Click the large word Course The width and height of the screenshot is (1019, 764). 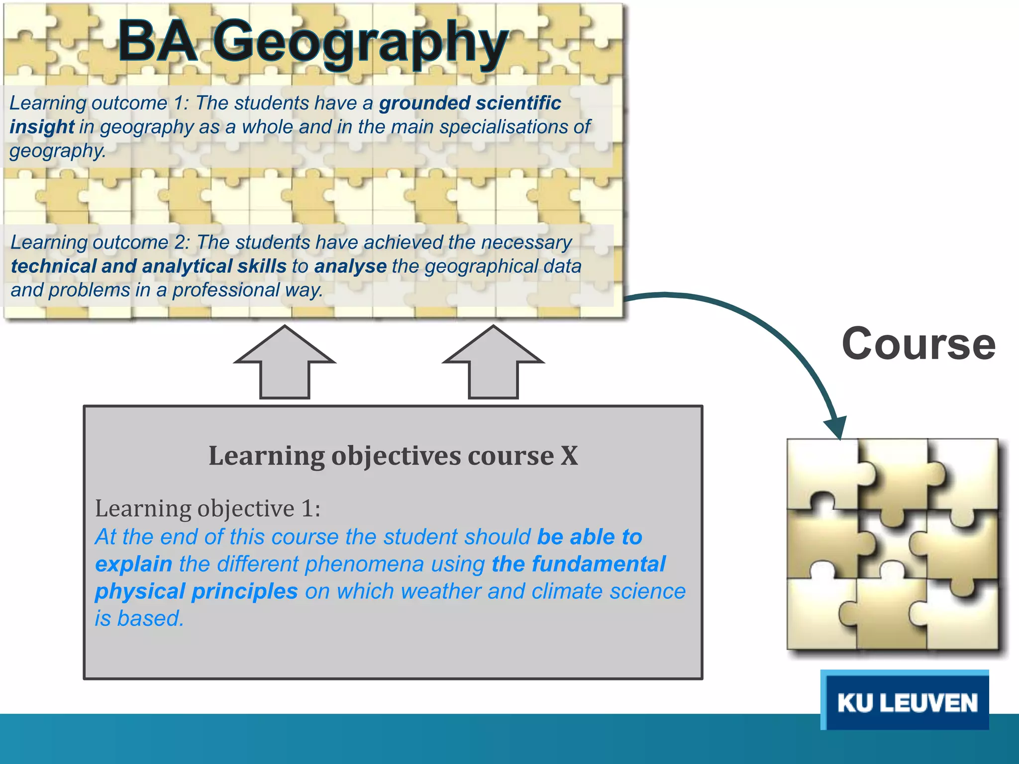coord(918,344)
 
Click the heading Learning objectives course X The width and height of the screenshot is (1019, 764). coord(393,456)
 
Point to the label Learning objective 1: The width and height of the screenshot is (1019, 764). coord(207,508)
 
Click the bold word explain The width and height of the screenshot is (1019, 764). coord(133,564)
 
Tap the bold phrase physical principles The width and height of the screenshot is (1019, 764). coord(196,591)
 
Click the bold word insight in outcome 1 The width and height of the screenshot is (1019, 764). coord(42,127)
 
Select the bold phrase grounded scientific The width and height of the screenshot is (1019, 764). coord(470,103)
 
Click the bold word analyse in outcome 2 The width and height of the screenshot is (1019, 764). coord(350,266)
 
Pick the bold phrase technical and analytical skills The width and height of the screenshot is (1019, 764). coord(149,266)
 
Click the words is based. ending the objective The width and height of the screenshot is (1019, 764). coord(139,619)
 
